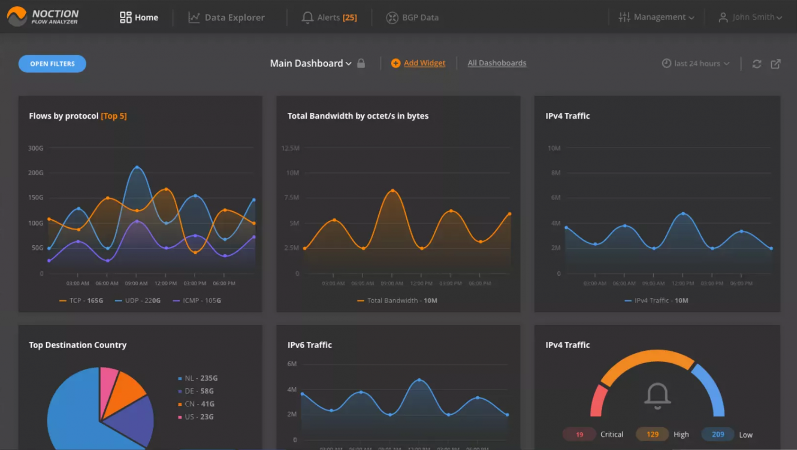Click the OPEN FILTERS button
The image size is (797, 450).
tap(52, 64)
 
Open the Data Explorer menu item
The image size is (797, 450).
tap(227, 18)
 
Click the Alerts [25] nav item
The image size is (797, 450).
tap(330, 18)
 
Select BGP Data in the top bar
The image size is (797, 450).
tap(413, 18)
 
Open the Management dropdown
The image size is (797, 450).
tap(656, 18)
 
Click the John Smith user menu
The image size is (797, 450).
tap(750, 18)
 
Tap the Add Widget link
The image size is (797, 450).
tap(424, 63)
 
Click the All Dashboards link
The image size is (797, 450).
tap(497, 63)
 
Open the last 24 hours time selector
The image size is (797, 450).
tap(696, 63)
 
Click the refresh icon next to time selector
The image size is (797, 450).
tap(757, 64)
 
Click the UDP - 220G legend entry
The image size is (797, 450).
tap(138, 300)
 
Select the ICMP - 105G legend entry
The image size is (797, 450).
tap(197, 300)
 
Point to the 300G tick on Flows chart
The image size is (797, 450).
tap(36, 148)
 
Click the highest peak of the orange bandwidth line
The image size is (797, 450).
tap(393, 191)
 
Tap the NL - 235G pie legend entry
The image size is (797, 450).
tap(198, 378)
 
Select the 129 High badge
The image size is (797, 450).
tap(652, 434)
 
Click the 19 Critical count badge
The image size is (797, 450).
tap(580, 434)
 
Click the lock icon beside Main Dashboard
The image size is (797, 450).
tap(361, 63)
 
